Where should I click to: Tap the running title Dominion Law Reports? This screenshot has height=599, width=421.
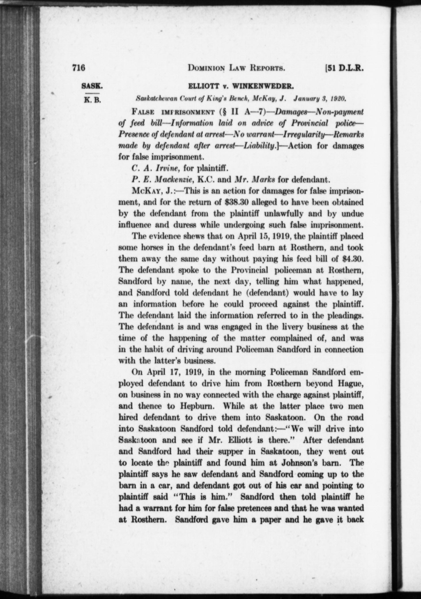pos(236,68)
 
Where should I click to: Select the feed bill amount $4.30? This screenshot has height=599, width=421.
pos(354,258)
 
